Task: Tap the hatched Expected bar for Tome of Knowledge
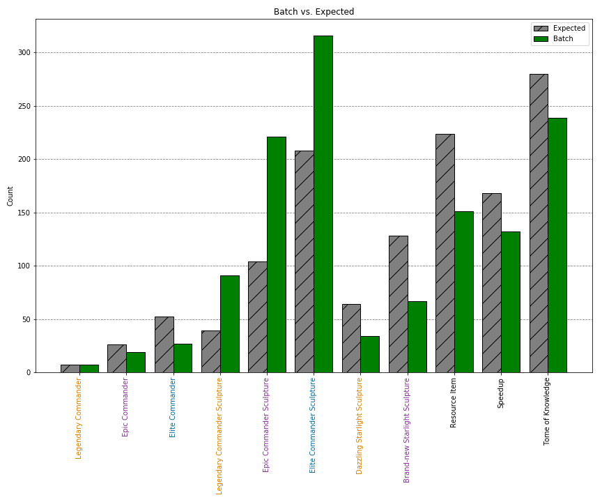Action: (x=539, y=223)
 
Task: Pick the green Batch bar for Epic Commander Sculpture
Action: (x=276, y=254)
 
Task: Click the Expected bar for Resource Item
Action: (x=445, y=253)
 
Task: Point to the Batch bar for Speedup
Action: (x=510, y=302)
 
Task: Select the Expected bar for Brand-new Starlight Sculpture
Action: (x=398, y=304)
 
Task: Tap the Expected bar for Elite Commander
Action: (x=164, y=344)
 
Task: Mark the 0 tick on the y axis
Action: (x=29, y=373)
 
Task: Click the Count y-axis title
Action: (x=10, y=196)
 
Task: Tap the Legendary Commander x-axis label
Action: (x=79, y=418)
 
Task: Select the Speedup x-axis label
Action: (x=500, y=394)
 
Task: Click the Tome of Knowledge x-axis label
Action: (x=547, y=411)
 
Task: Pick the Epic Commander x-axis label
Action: (x=125, y=407)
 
